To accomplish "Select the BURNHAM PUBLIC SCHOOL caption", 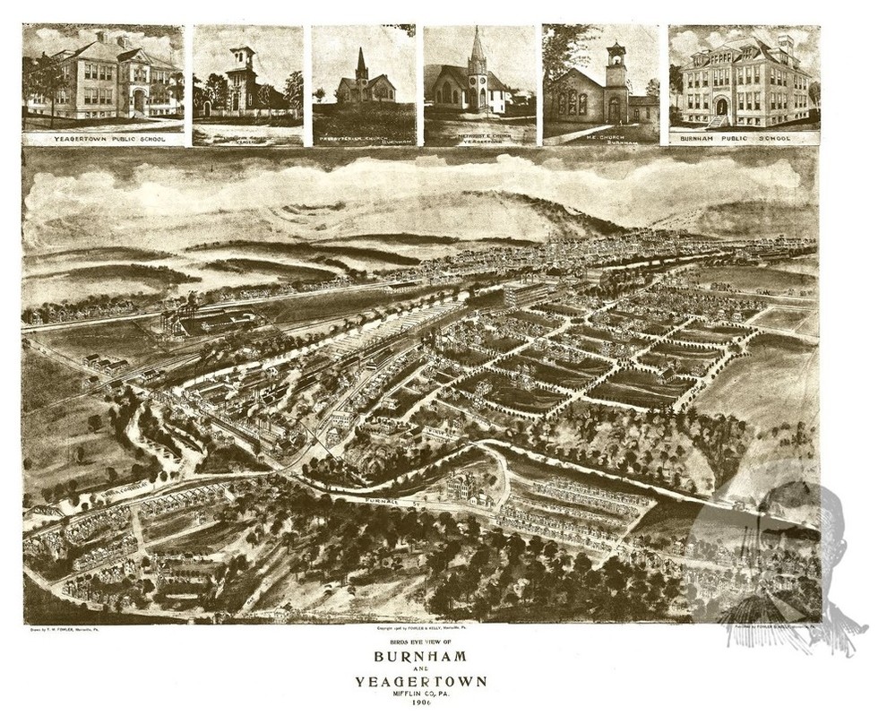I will (x=743, y=139).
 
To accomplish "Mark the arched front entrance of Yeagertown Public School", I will (x=138, y=101).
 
